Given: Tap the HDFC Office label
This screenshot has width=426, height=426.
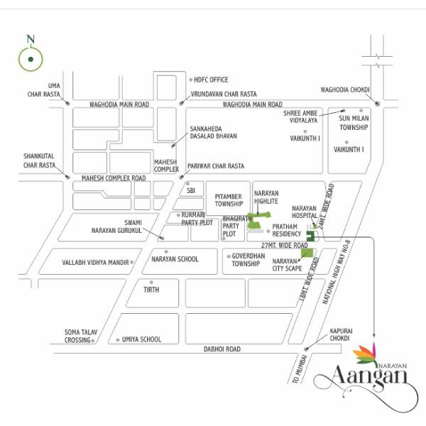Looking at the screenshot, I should click(211, 80).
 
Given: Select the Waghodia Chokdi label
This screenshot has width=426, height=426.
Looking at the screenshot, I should click(346, 90).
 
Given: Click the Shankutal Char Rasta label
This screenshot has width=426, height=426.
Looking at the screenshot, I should click(39, 160).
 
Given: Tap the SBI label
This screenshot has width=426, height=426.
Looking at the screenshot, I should click(190, 191).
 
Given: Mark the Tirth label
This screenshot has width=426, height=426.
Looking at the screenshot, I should click(151, 290).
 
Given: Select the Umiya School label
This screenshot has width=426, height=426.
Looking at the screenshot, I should click(141, 339).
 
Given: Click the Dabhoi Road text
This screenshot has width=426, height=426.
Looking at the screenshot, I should click(222, 349).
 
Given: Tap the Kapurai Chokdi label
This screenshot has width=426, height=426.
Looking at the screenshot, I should click(339, 334).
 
